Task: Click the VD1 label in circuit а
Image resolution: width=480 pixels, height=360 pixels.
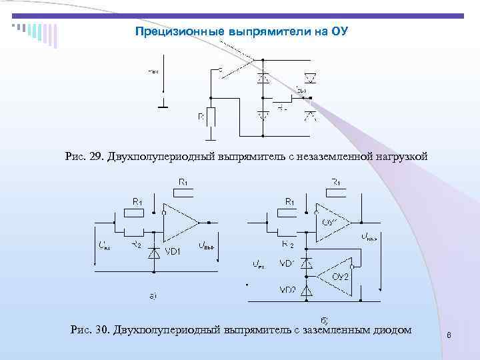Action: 174,251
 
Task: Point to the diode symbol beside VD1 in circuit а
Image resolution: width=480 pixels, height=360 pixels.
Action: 154,251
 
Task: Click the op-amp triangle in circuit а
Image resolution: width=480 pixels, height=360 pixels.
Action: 181,222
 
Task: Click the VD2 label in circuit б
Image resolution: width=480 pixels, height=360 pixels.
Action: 288,290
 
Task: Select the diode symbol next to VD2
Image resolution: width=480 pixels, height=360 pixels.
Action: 307,290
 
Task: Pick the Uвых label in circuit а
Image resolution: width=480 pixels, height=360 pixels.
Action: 207,245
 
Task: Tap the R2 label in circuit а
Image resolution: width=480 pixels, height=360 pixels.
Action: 136,245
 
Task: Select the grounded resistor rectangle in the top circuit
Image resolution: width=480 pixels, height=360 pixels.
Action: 211,117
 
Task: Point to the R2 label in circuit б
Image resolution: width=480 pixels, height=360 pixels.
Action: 287,245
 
